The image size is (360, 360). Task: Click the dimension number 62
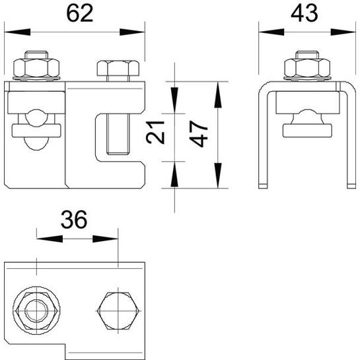80,13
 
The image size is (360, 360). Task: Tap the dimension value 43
305,13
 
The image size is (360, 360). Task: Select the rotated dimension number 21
155,132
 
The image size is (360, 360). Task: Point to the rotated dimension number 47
199,134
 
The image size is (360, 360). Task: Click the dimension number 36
74,219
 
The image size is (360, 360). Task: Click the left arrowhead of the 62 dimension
17,32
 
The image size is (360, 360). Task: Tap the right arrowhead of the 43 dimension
343,32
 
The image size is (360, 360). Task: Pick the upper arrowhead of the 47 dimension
218,94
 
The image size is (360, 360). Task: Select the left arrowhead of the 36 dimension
50,238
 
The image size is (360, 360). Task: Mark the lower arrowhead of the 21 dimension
174,174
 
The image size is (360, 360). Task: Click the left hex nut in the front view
36,68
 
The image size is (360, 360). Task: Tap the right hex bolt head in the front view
118,68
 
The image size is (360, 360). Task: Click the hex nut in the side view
307,68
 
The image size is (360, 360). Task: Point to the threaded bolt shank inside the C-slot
118,133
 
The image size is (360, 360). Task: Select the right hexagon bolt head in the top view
118,311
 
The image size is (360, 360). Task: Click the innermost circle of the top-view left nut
36,311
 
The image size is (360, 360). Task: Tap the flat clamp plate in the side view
307,130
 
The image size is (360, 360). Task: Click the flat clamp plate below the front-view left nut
36,130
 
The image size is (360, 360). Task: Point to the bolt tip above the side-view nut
307,55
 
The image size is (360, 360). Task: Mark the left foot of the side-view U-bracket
263,186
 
